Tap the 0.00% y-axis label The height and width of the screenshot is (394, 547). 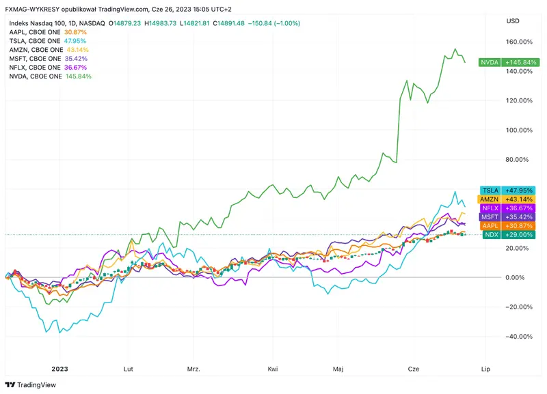click(x=519, y=277)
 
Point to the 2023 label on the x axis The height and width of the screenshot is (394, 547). click(x=59, y=368)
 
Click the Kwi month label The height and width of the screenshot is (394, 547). click(x=273, y=368)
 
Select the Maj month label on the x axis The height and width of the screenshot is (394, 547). click(x=338, y=368)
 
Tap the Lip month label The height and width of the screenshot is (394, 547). click(x=486, y=368)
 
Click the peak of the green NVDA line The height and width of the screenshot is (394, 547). click(x=455, y=49)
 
